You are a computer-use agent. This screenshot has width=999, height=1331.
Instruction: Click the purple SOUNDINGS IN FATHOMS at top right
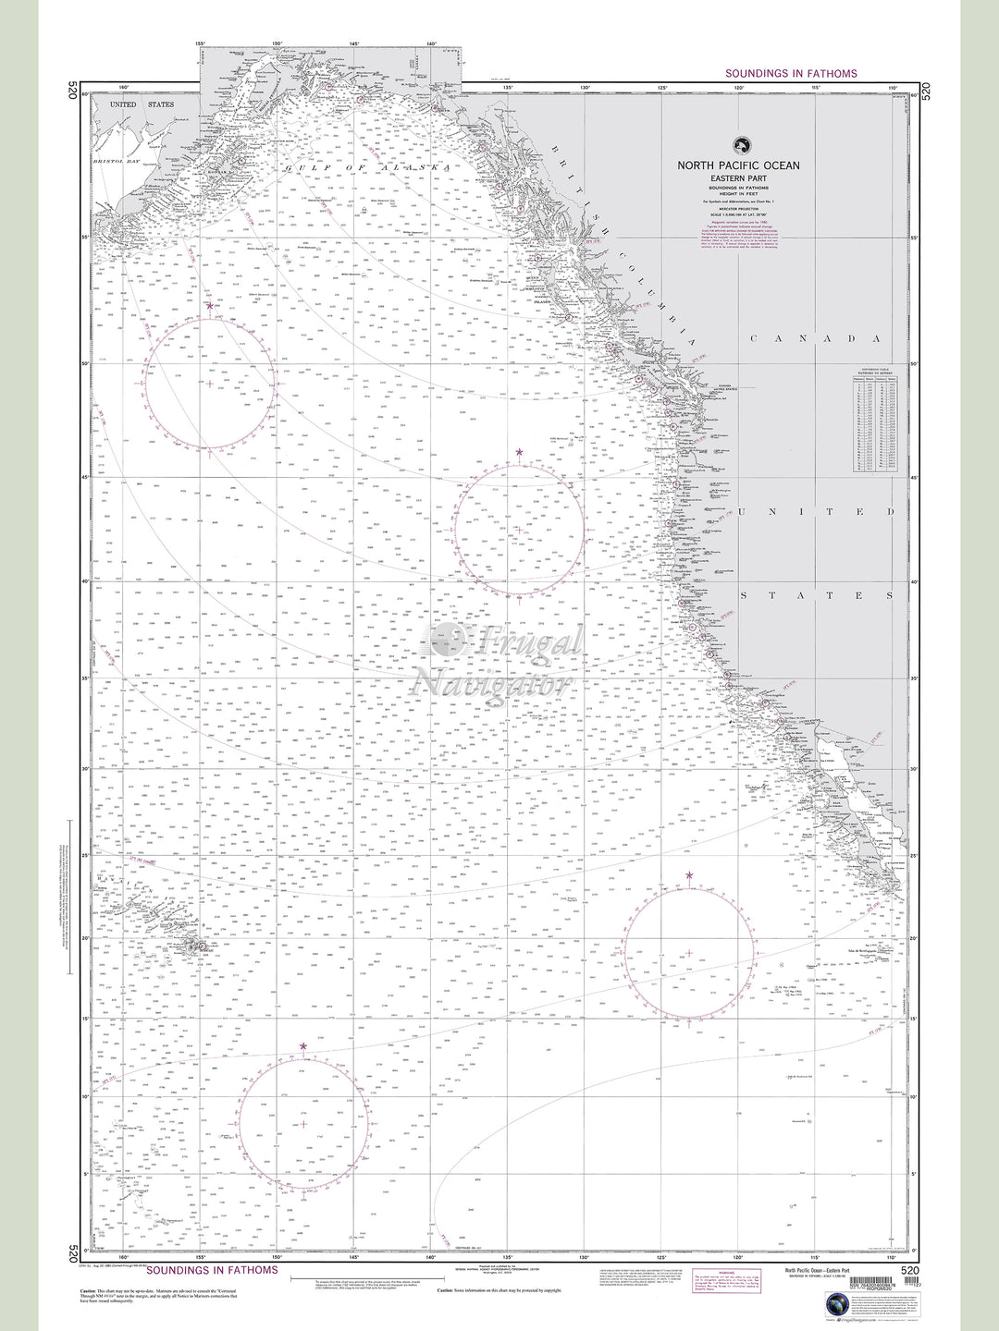pyautogui.click(x=791, y=73)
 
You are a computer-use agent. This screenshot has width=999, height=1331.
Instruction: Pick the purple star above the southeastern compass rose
pyautogui.click(x=688, y=874)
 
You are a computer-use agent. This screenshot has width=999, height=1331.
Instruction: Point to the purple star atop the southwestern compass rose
pyautogui.click(x=303, y=1046)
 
